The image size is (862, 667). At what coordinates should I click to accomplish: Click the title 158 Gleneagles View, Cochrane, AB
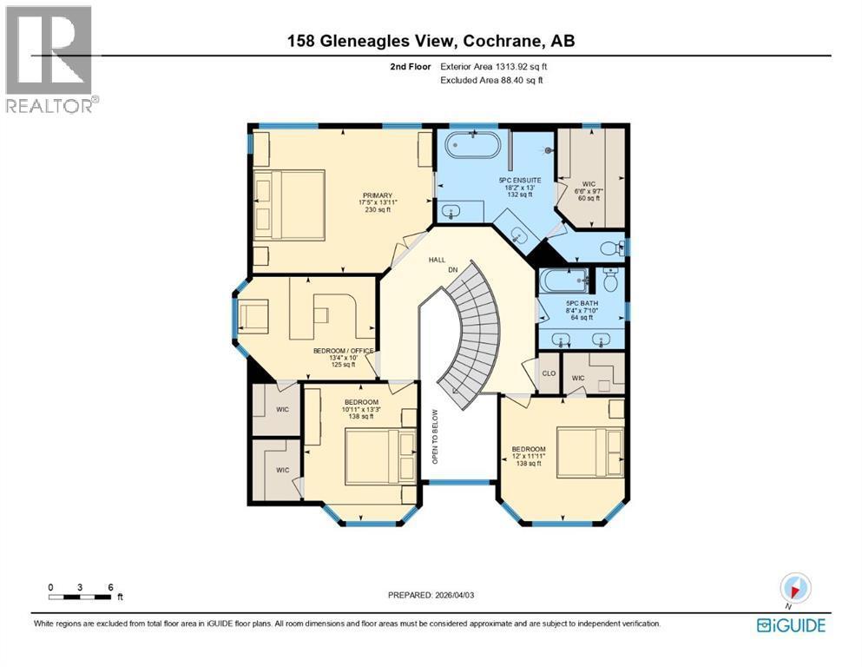click(431, 40)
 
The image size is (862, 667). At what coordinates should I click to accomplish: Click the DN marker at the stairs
click(452, 270)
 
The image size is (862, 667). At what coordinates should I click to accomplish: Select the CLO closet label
click(548, 374)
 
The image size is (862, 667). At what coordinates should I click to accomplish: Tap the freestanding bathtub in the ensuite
click(473, 144)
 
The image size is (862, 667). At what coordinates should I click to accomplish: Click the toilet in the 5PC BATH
click(611, 281)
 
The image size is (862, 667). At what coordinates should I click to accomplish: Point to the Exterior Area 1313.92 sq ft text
click(495, 66)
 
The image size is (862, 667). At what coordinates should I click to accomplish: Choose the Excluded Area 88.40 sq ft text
click(497, 80)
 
